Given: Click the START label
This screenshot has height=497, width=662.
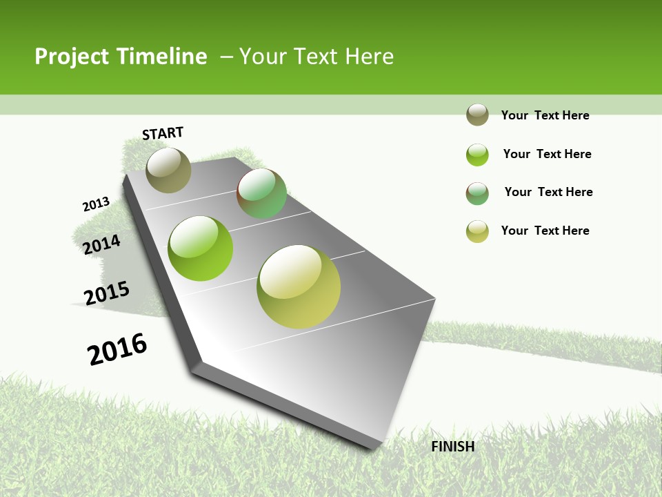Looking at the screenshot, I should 163,133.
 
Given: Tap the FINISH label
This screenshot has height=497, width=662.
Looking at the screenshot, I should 452,447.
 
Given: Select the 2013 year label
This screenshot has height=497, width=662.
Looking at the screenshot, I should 96,204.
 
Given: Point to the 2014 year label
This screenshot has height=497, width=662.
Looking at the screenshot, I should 101,244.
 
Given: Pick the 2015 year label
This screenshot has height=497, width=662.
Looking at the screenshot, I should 106,293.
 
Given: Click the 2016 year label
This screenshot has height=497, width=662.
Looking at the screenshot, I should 117,349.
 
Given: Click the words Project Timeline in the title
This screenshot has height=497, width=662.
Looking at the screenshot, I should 121,57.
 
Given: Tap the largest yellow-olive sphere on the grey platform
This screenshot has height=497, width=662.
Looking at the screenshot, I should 299,286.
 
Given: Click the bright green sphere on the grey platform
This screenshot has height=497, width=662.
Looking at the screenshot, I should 200,248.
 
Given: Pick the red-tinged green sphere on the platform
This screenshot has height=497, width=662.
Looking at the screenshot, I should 261,193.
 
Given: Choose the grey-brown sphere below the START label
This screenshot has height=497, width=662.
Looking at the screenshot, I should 168,170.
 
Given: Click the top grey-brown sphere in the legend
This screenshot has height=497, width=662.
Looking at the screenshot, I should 477,115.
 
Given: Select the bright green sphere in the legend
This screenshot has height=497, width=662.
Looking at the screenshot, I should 477,155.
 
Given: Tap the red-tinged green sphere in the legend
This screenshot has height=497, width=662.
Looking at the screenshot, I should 477,193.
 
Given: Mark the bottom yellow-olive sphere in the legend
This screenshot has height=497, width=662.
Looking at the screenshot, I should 477,231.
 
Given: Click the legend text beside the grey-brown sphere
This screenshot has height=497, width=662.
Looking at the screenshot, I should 545,115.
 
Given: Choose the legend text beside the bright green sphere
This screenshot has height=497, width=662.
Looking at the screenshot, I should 547,154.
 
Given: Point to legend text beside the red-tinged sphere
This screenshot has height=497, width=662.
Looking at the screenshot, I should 548,192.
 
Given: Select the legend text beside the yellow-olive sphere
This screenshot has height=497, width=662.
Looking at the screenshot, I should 545,231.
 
